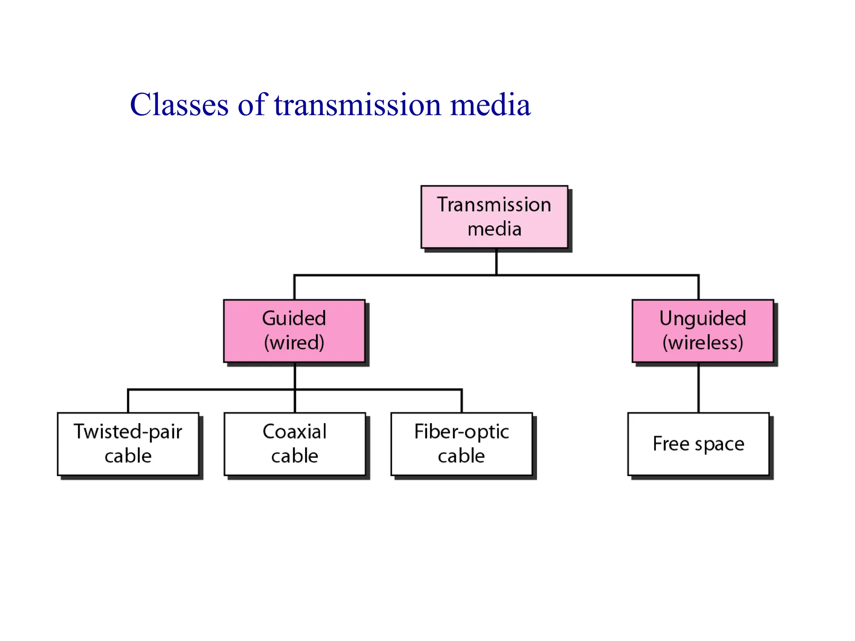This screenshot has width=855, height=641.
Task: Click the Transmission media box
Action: (x=494, y=217)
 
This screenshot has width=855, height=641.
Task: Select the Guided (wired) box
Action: (x=294, y=331)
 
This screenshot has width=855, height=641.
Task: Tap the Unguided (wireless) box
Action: (x=703, y=331)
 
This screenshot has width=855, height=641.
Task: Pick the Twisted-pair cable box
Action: (x=128, y=444)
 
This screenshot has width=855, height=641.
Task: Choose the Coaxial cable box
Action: (x=295, y=444)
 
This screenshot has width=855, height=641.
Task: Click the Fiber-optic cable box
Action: (x=461, y=444)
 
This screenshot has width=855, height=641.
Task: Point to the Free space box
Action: (x=698, y=444)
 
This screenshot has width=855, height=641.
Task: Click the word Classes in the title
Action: (x=180, y=105)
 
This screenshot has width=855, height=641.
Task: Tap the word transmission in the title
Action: (x=357, y=105)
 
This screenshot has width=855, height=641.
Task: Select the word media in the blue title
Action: (x=490, y=105)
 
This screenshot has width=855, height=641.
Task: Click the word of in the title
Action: (x=251, y=105)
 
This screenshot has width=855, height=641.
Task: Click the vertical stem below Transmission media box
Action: (x=496, y=262)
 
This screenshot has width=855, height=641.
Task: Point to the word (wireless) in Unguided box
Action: (x=703, y=343)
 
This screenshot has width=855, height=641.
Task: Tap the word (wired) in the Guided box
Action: (x=294, y=343)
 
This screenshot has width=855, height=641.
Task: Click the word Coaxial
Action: (x=295, y=432)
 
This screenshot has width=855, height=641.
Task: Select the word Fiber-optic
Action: (x=461, y=432)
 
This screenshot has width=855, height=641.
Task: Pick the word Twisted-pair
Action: (x=128, y=432)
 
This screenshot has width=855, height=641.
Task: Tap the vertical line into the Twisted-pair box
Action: (x=128, y=401)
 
